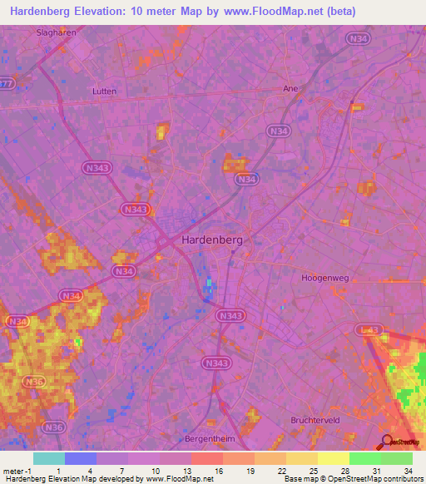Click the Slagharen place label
point(57,32)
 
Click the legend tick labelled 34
point(408,470)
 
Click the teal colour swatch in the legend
point(49,458)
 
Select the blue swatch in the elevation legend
point(81,458)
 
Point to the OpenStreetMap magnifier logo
point(388,443)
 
